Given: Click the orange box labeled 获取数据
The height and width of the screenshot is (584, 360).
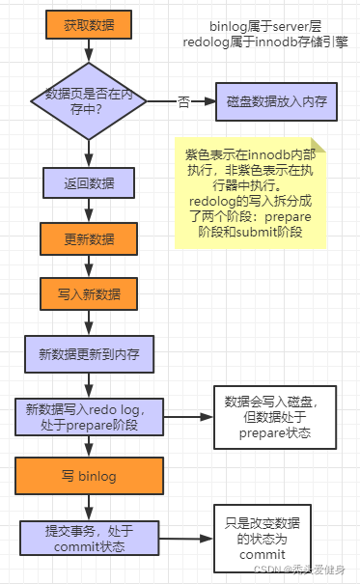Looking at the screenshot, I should [x=88, y=26].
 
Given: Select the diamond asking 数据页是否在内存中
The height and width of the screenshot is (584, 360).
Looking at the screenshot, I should [x=88, y=100].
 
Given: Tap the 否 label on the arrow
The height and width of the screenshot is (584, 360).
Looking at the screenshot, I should [x=183, y=100].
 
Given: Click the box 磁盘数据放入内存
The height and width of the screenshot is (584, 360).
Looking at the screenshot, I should [x=276, y=100].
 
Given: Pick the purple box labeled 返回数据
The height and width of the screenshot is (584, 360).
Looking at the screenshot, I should [x=88, y=182].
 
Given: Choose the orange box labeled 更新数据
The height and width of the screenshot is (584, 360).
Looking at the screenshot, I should [x=88, y=238].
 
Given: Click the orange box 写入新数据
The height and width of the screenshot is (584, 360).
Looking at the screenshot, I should [x=88, y=293].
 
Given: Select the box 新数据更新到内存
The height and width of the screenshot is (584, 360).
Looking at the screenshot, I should [x=88, y=354].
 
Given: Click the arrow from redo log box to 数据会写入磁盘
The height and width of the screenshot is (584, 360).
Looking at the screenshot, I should [x=183, y=417].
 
